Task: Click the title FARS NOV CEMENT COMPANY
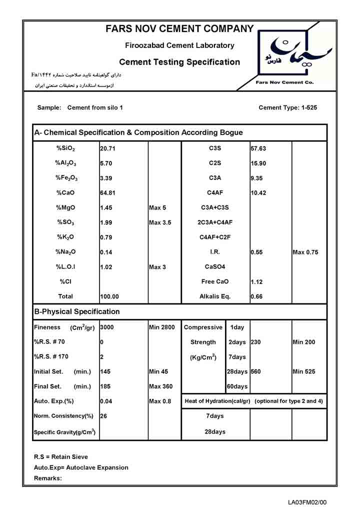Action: [x=179, y=29]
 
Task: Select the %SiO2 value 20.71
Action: [x=108, y=148]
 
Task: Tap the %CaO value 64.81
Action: [x=108, y=193]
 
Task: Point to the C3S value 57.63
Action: [x=258, y=148]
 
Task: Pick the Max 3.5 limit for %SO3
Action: [x=160, y=222]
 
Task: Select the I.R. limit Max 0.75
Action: [x=305, y=252]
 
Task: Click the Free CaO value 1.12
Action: [x=257, y=282]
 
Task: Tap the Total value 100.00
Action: [x=109, y=297]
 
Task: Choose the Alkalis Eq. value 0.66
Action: [x=256, y=297]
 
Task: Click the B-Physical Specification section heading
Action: [x=77, y=311]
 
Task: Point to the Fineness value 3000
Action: [x=107, y=327]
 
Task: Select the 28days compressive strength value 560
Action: [x=256, y=372]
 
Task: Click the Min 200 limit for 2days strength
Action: [x=303, y=342]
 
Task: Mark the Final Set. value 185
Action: [x=105, y=386]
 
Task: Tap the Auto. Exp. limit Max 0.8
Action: [x=160, y=401]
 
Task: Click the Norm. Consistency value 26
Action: [x=103, y=416]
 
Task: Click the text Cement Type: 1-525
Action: [x=287, y=107]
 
